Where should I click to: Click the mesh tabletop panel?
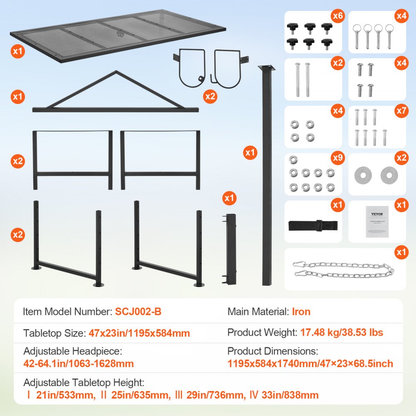(119, 35)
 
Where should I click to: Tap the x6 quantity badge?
(337, 17)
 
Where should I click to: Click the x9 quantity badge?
(337, 159)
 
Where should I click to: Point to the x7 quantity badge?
(401, 111)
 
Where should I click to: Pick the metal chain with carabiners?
(344, 270)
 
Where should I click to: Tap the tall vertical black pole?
(266, 175)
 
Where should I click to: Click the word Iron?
(301, 311)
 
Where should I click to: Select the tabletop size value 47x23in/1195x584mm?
(139, 333)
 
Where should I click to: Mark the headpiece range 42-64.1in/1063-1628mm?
(79, 364)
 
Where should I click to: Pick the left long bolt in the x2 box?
(298, 79)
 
